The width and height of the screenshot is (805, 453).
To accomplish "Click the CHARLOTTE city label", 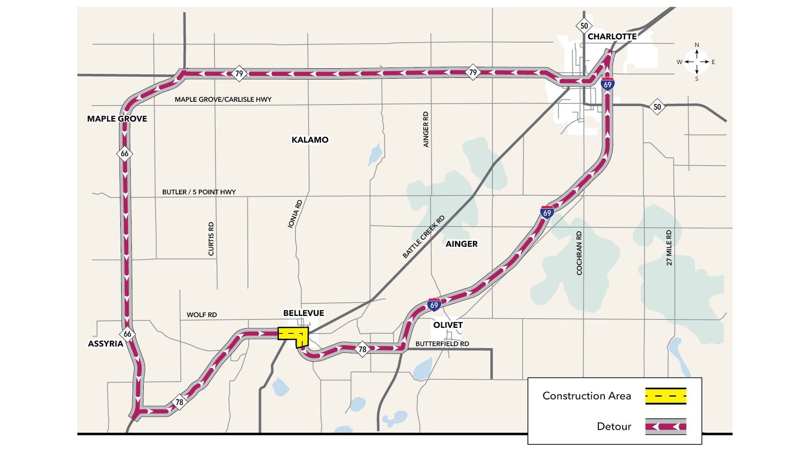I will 612,37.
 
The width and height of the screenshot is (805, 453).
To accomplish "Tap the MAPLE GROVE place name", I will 117,119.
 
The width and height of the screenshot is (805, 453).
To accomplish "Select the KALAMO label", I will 310,140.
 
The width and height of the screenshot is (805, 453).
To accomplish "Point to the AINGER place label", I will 461,244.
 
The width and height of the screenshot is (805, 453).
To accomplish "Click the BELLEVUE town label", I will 303,313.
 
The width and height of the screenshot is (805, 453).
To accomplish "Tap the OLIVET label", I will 448,325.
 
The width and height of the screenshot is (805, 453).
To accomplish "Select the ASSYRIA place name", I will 105,344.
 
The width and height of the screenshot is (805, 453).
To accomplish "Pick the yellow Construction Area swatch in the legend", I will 666,396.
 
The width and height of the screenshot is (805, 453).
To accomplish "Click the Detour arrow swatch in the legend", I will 666,427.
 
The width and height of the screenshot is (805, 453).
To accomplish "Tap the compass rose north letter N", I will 697,45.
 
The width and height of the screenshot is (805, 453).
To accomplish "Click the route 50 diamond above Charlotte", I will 584,26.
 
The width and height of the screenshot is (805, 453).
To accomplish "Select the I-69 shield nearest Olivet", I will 434,305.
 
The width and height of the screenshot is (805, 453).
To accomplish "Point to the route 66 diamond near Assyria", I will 127,334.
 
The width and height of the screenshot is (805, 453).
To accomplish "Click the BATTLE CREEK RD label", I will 423,237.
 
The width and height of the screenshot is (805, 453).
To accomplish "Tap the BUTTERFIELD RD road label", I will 442,344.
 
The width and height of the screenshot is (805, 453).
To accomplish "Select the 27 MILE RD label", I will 669,248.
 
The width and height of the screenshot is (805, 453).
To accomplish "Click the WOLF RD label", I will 202,315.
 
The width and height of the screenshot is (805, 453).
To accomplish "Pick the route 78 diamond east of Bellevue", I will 362,349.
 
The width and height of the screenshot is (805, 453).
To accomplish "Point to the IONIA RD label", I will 295,214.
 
